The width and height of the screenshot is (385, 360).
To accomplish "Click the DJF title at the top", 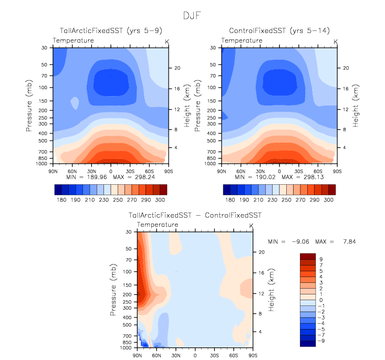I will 192,15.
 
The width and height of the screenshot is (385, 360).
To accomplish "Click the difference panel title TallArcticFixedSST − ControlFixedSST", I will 195,215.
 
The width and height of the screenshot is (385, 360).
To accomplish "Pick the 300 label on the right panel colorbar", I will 328,200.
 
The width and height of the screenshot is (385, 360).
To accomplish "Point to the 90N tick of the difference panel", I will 138,355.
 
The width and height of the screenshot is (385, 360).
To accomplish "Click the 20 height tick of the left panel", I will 178,68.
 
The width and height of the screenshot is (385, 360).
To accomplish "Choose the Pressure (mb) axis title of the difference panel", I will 114,290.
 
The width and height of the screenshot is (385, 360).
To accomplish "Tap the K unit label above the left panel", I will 168,40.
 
